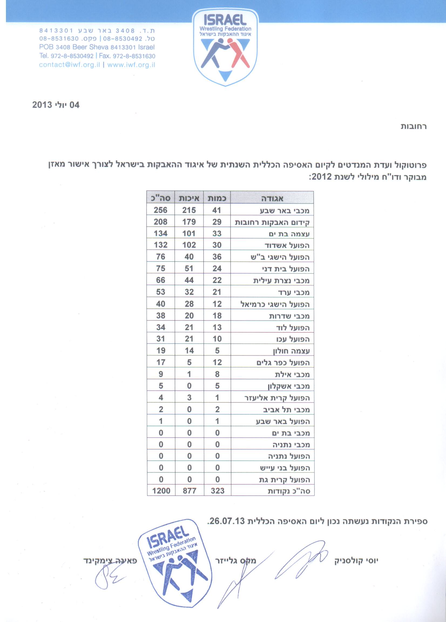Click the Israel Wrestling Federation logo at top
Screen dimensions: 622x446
(x=225, y=47)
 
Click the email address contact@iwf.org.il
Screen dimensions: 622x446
(x=69, y=65)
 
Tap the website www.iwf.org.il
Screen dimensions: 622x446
(x=131, y=65)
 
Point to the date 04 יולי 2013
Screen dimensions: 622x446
(x=56, y=105)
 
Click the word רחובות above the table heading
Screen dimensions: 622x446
(x=413, y=126)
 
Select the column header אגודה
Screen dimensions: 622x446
(x=272, y=198)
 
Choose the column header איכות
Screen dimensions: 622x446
(x=189, y=198)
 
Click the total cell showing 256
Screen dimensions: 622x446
(x=160, y=210)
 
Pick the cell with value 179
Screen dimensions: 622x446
(x=189, y=222)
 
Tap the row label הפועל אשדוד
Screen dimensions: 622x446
(x=287, y=245)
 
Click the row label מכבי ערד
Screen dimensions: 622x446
(x=293, y=292)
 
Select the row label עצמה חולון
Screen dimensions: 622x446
(x=291, y=351)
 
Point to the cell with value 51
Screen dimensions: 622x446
(x=189, y=269)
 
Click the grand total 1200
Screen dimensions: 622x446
(x=161, y=491)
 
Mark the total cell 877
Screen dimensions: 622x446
(x=189, y=491)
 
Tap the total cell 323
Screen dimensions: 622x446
(x=218, y=491)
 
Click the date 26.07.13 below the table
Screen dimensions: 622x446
(x=227, y=521)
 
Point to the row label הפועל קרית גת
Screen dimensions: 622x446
(x=285, y=480)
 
